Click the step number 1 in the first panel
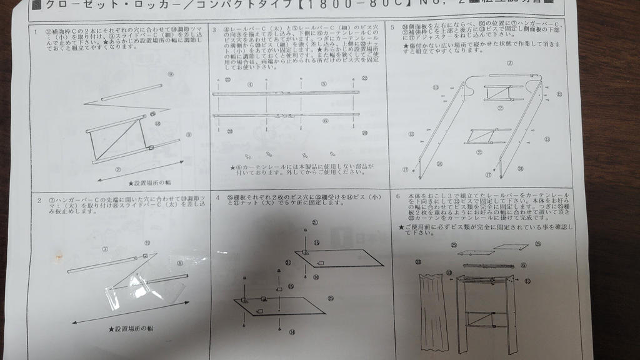tap(36, 31)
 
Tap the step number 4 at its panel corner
tap(217, 198)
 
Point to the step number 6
tap(397, 196)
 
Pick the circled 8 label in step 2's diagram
tap(180, 263)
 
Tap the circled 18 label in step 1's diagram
tap(157, 124)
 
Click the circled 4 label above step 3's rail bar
tap(249, 84)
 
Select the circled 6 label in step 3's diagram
tap(325, 121)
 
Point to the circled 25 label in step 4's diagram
tap(331, 298)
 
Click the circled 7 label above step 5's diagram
tap(509, 63)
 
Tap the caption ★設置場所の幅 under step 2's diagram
tap(131, 329)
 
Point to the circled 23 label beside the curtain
tap(417, 262)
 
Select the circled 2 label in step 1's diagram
tap(117, 169)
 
